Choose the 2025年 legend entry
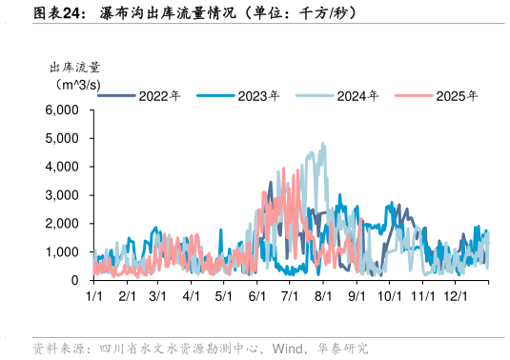[x=459, y=95]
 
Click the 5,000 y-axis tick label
[x=62, y=138]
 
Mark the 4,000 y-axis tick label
[x=62, y=167]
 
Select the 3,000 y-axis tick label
[x=62, y=195]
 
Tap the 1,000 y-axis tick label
[x=62, y=252]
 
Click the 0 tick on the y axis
[x=74, y=281]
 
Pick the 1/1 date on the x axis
[x=94, y=297]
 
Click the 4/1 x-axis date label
[x=192, y=297]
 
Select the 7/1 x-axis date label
[x=290, y=297]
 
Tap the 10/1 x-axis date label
[x=389, y=297]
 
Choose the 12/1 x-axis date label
[x=455, y=297]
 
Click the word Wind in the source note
[x=288, y=348]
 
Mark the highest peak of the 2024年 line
[x=322, y=144]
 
